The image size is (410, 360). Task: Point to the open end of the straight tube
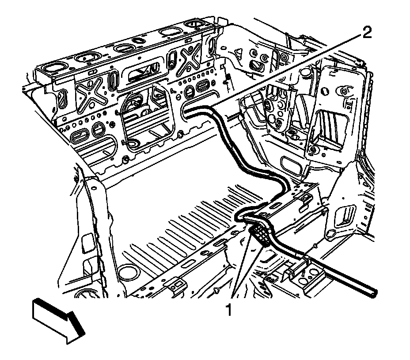pos(375,293)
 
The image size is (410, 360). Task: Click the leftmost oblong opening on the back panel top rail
pos(53,67)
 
